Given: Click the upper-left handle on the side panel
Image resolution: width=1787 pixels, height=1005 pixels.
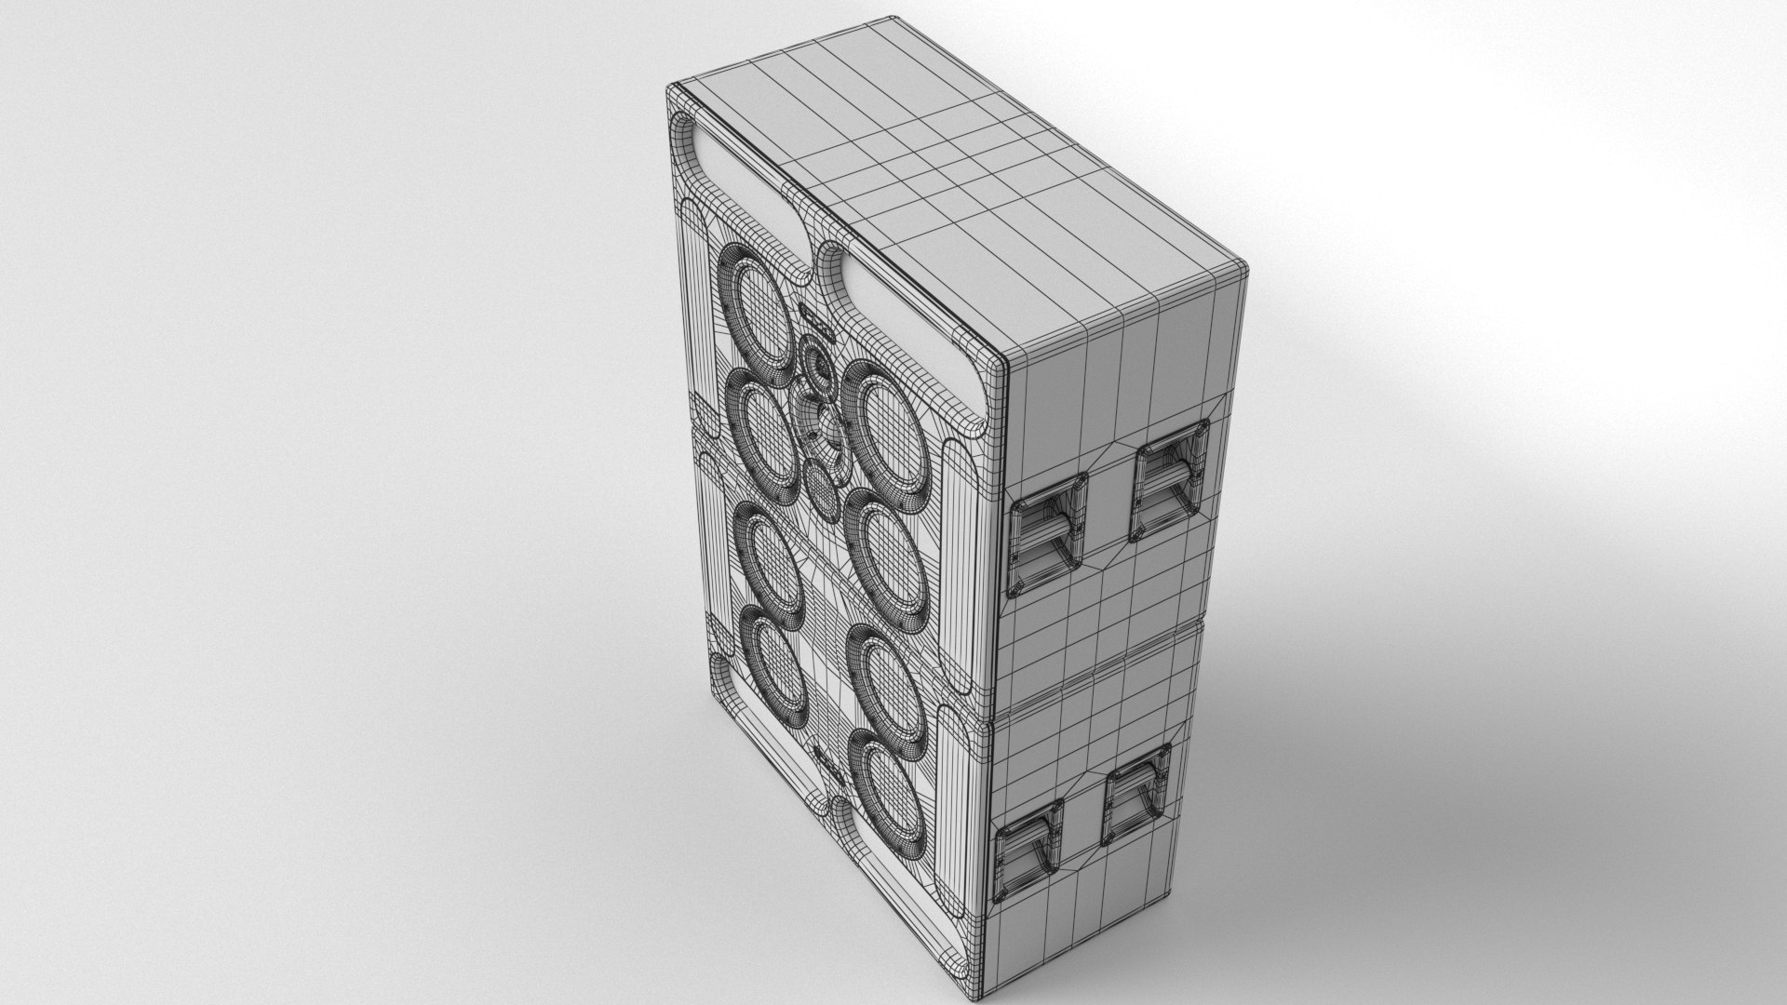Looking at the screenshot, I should pyautogui.click(x=1049, y=534).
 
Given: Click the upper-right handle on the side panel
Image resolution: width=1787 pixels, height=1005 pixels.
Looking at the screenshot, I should pyautogui.click(x=1173, y=482).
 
